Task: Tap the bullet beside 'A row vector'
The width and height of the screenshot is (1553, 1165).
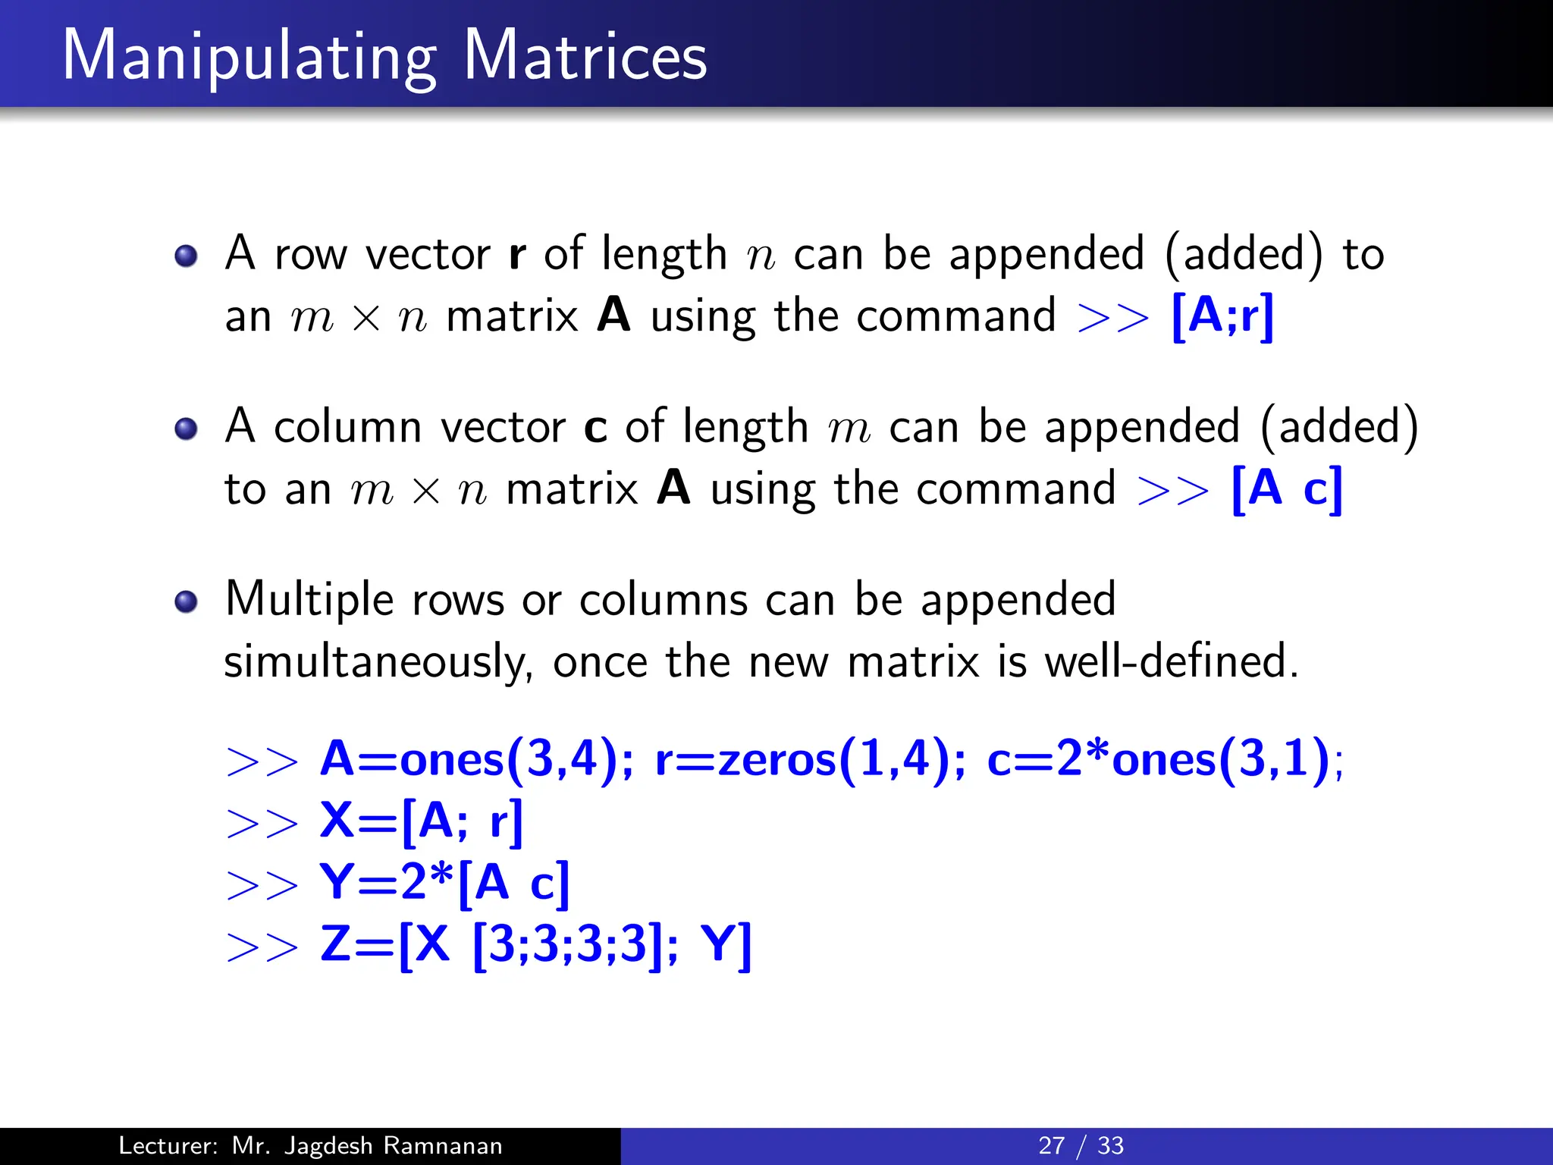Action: click(186, 256)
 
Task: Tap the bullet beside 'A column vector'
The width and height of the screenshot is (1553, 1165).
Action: click(186, 429)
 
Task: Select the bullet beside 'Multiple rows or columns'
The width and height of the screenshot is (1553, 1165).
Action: click(186, 602)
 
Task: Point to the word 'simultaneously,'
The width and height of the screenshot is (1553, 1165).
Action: click(378, 662)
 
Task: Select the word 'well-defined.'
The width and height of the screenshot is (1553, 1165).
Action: click(1172, 661)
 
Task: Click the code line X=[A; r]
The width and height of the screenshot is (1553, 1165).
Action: click(422, 821)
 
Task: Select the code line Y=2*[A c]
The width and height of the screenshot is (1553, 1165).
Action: click(444, 883)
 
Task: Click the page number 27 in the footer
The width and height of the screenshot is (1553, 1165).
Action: click(1051, 1145)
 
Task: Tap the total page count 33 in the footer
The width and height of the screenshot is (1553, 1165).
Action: click(1110, 1145)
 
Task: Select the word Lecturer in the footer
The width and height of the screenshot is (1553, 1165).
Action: click(168, 1145)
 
